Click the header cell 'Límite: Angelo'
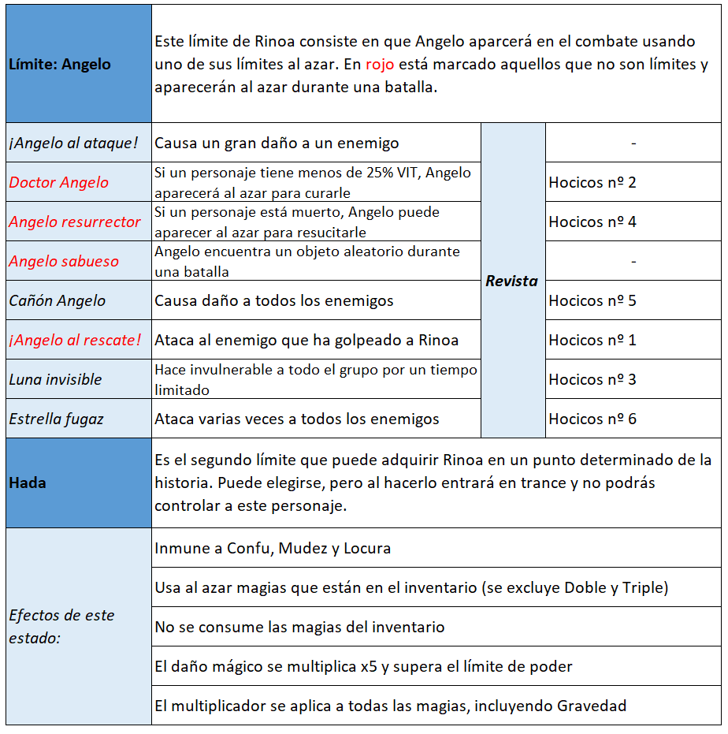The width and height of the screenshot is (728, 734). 59,64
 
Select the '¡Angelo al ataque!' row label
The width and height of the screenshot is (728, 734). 73,143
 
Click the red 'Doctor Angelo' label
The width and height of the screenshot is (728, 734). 59,182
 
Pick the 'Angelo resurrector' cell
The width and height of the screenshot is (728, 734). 75,222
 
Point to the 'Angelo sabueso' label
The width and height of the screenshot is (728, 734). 64,261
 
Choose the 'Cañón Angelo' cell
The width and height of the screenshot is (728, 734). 58,300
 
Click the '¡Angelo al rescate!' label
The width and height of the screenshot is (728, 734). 76,340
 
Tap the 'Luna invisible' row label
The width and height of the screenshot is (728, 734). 56,379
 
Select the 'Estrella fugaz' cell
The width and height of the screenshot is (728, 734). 57,419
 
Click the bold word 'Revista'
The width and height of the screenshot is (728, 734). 512,281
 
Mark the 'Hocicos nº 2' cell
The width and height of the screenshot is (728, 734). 592,182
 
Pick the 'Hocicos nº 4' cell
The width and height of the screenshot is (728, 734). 592,222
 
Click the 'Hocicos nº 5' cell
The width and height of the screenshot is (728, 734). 592,300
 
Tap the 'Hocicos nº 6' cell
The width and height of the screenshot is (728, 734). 592,419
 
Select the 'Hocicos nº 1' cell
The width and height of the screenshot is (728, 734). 592,340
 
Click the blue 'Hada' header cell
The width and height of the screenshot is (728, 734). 28,483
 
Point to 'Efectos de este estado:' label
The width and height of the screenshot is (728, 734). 61,626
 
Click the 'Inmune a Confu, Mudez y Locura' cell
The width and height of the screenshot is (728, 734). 273,548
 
